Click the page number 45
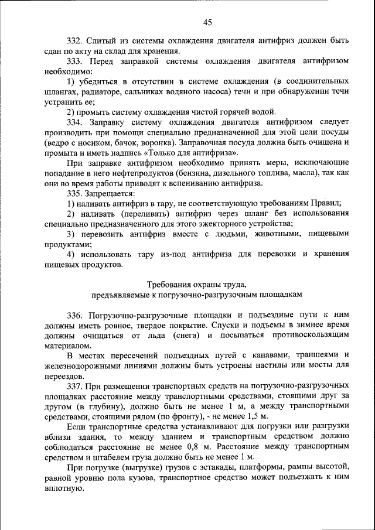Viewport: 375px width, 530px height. [207, 23]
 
